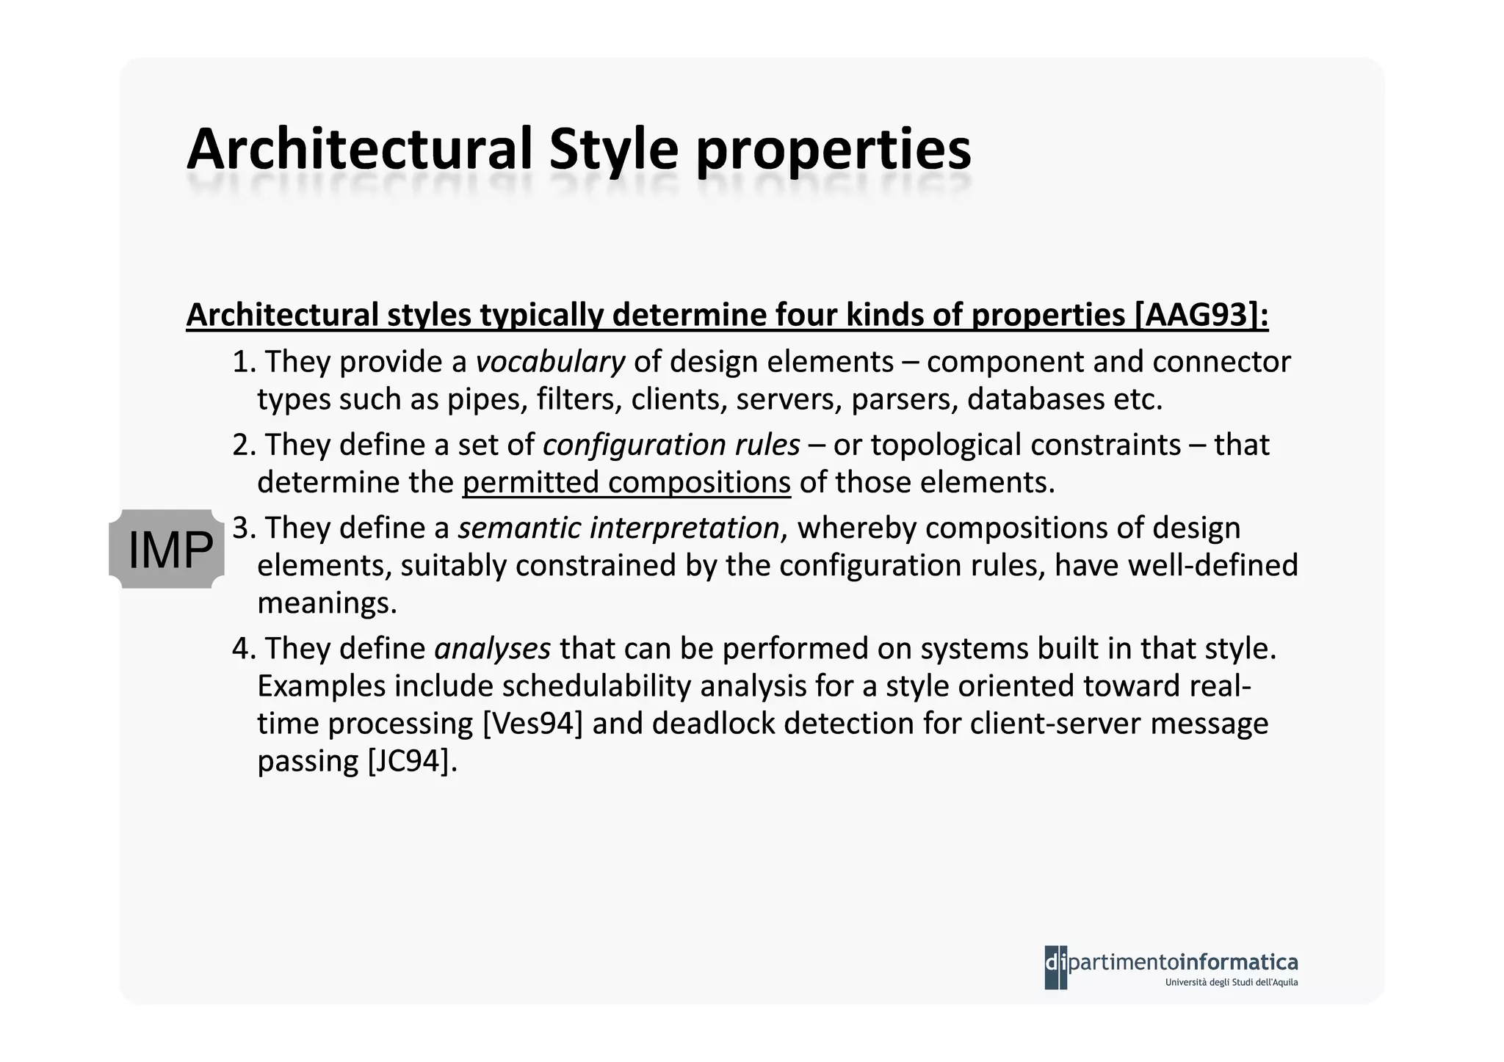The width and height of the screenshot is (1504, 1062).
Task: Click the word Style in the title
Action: (x=613, y=149)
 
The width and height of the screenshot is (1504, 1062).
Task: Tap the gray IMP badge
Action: (x=167, y=549)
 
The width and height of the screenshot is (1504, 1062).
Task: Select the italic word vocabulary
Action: (x=550, y=362)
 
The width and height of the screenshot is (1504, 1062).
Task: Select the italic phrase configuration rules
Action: (x=671, y=445)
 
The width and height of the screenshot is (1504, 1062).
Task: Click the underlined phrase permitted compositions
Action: (x=626, y=483)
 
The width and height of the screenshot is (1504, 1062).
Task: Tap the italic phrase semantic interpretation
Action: (x=618, y=528)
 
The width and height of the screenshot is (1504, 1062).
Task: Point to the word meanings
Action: (x=326, y=603)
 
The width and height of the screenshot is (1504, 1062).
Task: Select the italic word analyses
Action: (x=492, y=648)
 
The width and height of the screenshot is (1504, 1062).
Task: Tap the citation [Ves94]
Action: (x=533, y=724)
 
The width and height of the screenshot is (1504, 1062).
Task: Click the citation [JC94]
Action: (x=411, y=761)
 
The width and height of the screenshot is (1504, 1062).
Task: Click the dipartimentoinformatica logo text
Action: (x=1182, y=962)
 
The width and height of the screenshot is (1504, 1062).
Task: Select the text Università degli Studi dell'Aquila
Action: (x=1231, y=983)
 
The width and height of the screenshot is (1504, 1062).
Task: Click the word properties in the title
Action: (x=834, y=149)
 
